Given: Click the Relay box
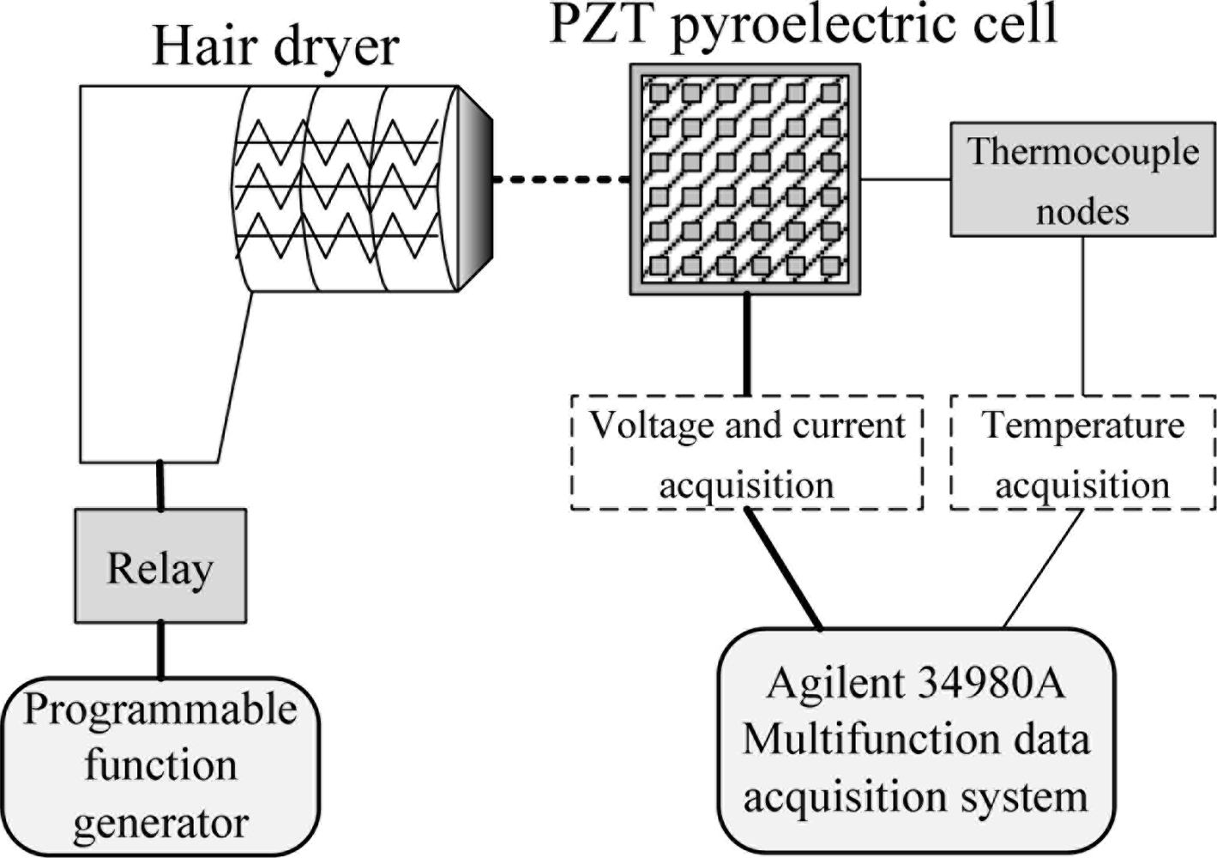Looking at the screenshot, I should pyautogui.click(x=160, y=566).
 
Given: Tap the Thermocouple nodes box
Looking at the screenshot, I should pyautogui.click(x=1082, y=179).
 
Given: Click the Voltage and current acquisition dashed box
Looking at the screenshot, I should pyautogui.click(x=746, y=452).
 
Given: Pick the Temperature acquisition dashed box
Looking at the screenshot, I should pyautogui.click(x=1082, y=452).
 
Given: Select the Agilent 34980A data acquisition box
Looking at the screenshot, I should pyautogui.click(x=915, y=740).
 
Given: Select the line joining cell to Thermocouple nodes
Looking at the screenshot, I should pyautogui.click(x=905, y=179).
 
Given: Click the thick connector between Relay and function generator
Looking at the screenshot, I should pyautogui.click(x=160, y=650).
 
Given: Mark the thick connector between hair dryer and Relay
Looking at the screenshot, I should pyautogui.click(x=160, y=486).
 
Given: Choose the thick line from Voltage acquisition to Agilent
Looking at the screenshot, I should pyautogui.click(x=784, y=569).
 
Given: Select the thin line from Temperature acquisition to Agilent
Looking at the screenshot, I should pyautogui.click(x=1043, y=569).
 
